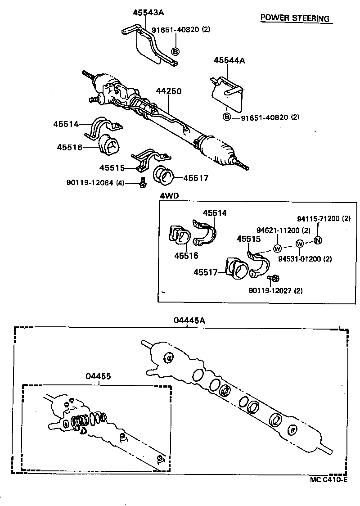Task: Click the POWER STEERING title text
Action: click(295, 18)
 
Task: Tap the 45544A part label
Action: click(229, 60)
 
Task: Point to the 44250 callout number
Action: click(169, 91)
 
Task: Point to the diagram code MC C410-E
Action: click(328, 479)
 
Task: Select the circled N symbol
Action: click(317, 239)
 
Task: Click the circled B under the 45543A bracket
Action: click(175, 51)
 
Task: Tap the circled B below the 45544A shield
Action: click(227, 117)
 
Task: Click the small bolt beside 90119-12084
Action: click(142, 182)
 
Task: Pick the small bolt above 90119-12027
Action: click(273, 279)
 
